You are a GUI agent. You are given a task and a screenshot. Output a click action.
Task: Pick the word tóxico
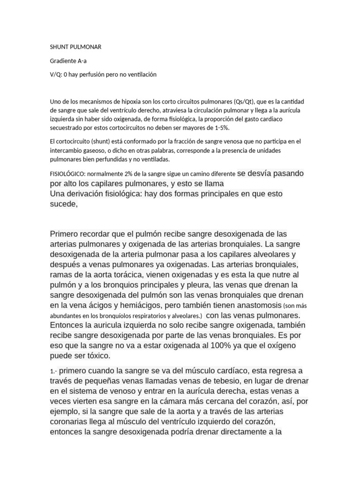(x=96, y=356)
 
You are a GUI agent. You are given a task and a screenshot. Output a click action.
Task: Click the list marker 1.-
(x=54, y=371)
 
